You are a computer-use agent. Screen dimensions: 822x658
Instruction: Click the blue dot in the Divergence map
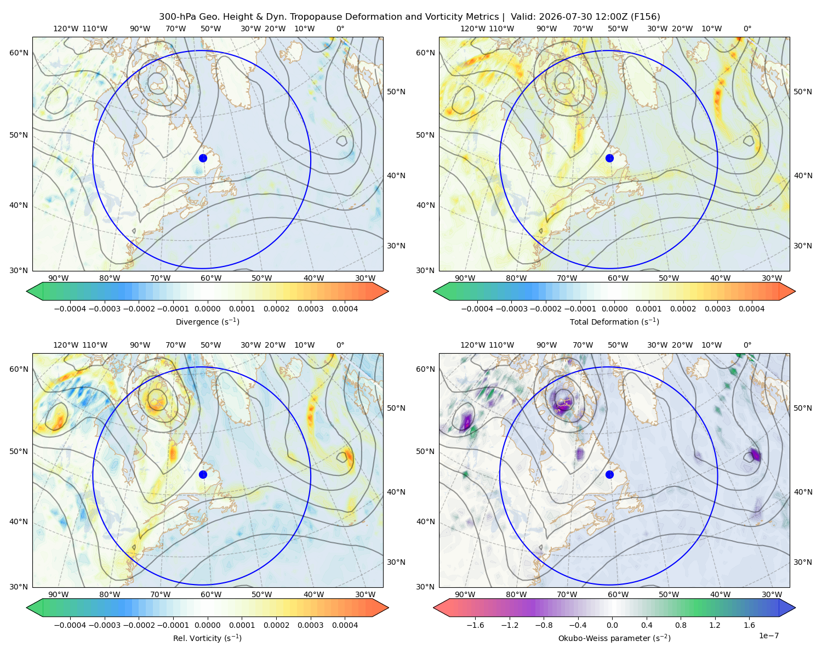click(203, 158)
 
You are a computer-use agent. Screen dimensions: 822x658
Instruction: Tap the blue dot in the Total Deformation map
click(609, 158)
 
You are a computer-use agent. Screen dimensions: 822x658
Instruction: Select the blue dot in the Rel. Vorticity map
click(203, 474)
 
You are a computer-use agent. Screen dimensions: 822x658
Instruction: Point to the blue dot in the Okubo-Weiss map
click(609, 474)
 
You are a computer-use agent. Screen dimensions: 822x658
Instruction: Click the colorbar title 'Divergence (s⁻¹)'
click(207, 321)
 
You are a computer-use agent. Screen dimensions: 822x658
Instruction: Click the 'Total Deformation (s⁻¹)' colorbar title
click(614, 321)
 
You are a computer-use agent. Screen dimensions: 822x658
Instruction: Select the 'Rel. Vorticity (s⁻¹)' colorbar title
click(207, 638)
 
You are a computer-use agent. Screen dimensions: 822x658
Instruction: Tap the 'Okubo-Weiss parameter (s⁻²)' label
click(614, 638)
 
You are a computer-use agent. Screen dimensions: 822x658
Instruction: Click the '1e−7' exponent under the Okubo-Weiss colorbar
click(768, 636)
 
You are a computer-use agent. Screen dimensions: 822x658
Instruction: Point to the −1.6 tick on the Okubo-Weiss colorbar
click(475, 625)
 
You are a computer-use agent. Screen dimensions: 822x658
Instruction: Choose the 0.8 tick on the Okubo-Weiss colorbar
click(681, 625)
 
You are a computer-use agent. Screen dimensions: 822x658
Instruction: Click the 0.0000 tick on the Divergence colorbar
click(207, 309)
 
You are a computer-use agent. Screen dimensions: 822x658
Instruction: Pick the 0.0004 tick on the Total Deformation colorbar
click(752, 309)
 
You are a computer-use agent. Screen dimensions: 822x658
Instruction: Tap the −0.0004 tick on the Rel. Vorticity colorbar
click(70, 625)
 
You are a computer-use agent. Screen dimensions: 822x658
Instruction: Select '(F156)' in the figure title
click(646, 17)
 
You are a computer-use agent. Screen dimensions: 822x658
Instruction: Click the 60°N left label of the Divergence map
click(19, 53)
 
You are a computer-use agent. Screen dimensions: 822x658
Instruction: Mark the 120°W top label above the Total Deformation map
click(473, 29)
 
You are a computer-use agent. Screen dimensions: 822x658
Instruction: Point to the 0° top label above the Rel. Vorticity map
click(340, 345)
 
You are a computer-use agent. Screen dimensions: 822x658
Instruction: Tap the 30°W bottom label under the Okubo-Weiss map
click(772, 594)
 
